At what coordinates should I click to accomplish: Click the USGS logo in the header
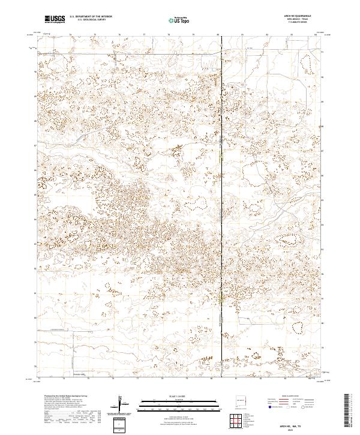click(x=55, y=19)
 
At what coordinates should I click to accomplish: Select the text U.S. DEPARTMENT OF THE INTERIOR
click(x=91, y=16)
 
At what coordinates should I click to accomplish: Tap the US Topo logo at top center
click(x=178, y=19)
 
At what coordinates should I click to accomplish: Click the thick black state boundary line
click(x=221, y=180)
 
